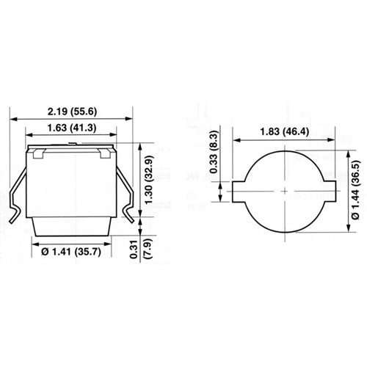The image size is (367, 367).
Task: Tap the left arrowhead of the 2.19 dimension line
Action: coord(12,117)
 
